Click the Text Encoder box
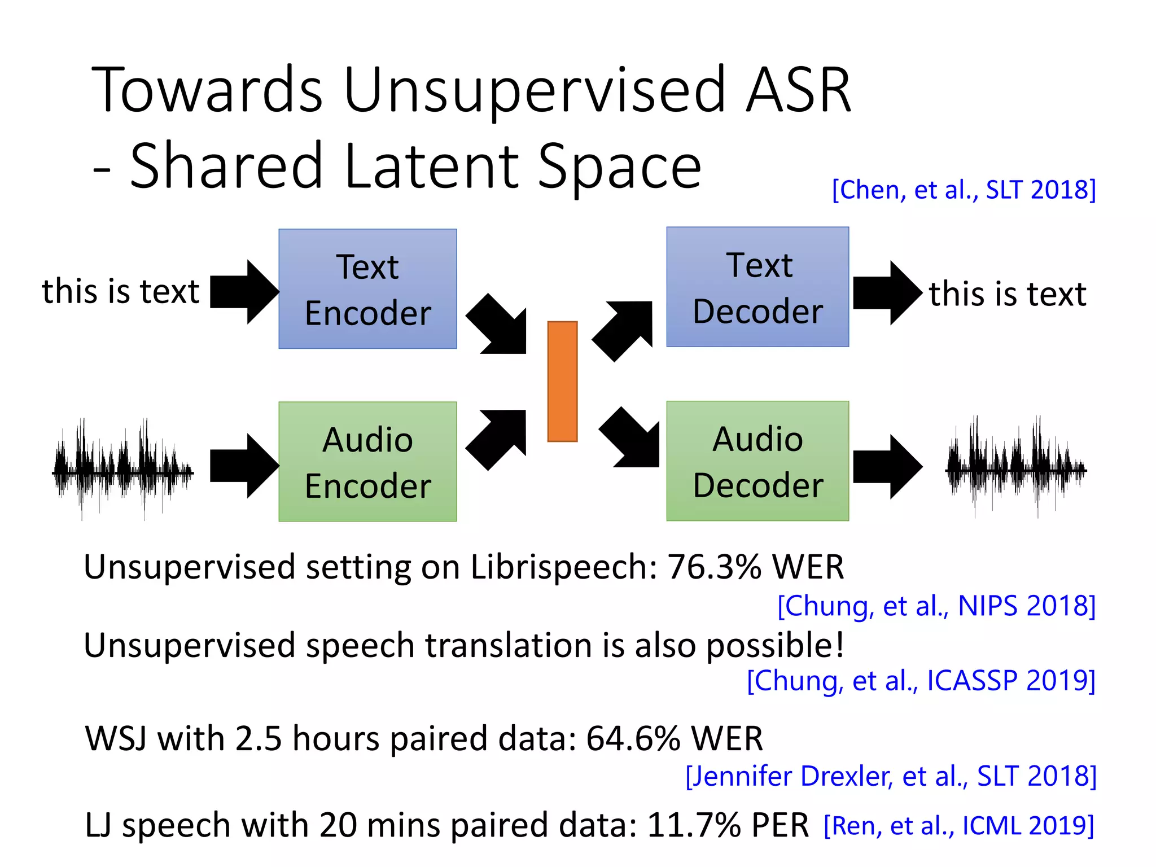[367, 289]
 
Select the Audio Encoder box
[367, 462]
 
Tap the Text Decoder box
[757, 287]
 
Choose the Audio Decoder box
[757, 461]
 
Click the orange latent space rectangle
[562, 382]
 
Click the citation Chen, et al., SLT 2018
[964, 190]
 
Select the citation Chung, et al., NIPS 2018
[936, 606]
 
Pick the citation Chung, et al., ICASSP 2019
[921, 681]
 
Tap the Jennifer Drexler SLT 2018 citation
[891, 776]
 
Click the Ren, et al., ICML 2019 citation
[958, 826]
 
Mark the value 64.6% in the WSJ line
[633, 738]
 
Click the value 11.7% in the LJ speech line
[694, 825]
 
